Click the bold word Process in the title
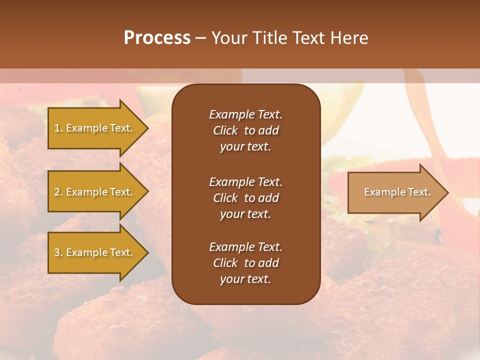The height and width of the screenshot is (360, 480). pyautogui.click(x=157, y=38)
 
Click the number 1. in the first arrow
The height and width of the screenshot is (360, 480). pyautogui.click(x=58, y=128)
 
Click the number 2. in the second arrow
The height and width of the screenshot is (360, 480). pyautogui.click(x=58, y=192)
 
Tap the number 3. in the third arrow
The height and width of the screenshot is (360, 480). pyautogui.click(x=58, y=252)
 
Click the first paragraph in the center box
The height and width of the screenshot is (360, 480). pyautogui.click(x=245, y=130)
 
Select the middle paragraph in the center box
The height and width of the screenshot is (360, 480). pyautogui.click(x=245, y=198)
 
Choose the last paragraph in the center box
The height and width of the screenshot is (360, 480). pyautogui.click(x=245, y=263)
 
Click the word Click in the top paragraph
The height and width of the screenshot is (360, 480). pyautogui.click(x=225, y=130)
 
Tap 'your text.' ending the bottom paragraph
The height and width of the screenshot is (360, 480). pyautogui.click(x=245, y=279)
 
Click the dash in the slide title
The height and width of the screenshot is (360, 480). pyautogui.click(x=200, y=38)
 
